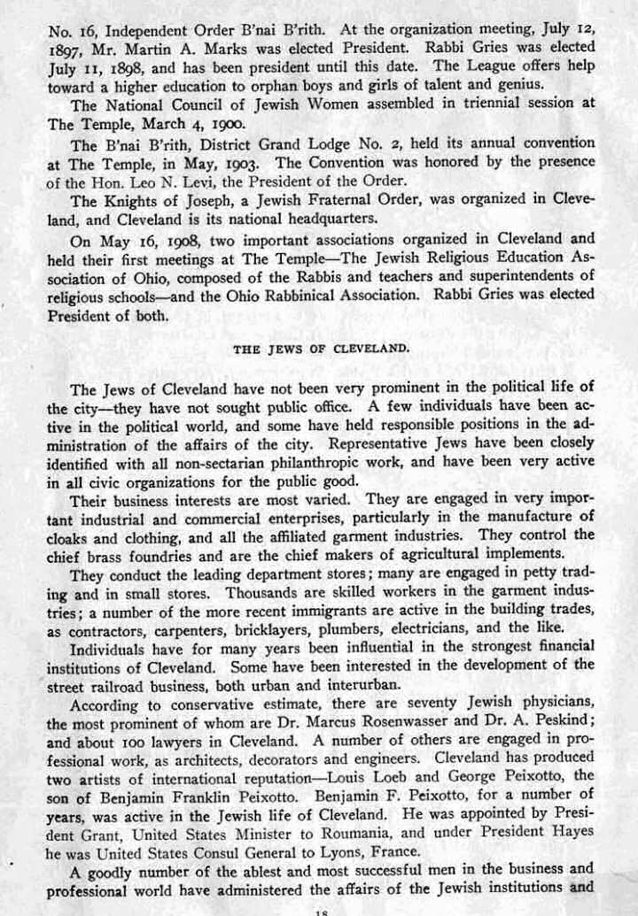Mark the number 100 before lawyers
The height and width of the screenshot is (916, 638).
point(123,742)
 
